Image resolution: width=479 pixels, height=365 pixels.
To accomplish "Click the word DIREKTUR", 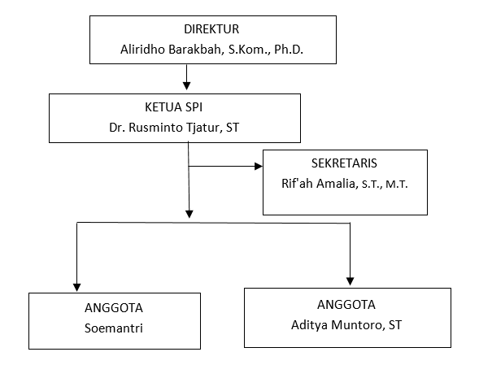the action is point(211,29).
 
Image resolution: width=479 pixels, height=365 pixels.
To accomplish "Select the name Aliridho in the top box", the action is point(142,50).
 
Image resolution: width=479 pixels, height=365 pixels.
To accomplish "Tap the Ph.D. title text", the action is point(289,50).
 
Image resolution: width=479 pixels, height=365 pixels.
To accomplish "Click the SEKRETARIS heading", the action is point(344,163).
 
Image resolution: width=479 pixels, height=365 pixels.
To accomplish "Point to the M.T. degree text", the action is point(397,185).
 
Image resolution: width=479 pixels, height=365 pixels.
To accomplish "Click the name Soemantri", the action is point(114,328).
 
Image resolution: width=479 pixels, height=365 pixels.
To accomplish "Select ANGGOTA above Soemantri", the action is point(114,308).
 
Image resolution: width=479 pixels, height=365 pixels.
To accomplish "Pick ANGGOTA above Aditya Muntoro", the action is point(346,305).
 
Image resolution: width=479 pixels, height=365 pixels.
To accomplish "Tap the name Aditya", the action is point(310,326).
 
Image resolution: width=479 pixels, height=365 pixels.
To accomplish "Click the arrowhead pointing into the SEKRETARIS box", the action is point(259,166).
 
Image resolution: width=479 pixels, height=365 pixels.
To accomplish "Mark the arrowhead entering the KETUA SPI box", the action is point(187,86).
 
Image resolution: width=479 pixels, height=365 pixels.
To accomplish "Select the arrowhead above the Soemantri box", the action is point(77,288).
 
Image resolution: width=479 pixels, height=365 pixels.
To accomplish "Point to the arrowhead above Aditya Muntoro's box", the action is point(350,281).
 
